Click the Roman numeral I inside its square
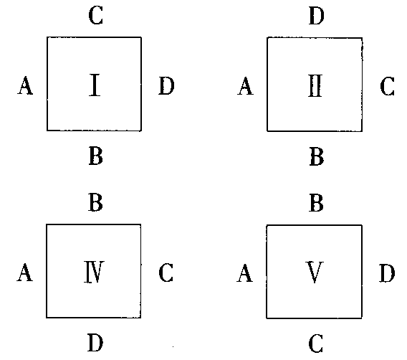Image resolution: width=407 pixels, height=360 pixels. click(95, 85)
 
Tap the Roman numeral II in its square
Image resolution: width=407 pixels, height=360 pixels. click(315, 86)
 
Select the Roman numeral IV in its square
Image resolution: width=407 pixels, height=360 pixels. click(94, 272)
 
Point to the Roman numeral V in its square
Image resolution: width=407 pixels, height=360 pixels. click(315, 273)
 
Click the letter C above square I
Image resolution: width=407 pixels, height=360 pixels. click(96, 16)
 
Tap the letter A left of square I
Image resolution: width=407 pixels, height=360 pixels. click(25, 85)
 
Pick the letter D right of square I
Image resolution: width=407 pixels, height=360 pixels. click(166, 86)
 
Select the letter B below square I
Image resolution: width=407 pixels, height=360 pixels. click(96, 156)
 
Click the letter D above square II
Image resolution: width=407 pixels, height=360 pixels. click(317, 16)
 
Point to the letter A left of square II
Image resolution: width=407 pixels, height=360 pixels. click(245, 86)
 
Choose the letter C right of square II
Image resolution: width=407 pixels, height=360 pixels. click(387, 86)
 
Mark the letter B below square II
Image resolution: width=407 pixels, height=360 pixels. click(317, 156)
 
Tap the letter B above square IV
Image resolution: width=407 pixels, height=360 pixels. click(95, 202)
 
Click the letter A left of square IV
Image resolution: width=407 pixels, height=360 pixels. click(25, 273)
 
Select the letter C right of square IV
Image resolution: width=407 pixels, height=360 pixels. click(166, 273)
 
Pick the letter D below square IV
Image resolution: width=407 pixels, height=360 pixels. click(95, 343)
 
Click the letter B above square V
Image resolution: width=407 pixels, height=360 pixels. click(316, 203)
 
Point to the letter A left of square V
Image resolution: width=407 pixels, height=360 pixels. click(245, 273)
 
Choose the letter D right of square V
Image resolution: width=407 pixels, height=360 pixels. click(387, 273)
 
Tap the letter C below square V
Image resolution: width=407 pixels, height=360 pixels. click(316, 343)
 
